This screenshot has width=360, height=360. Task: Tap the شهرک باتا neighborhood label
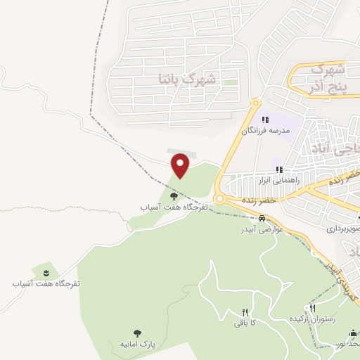[x=190, y=79]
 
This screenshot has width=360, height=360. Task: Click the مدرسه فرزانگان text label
[x=265, y=131]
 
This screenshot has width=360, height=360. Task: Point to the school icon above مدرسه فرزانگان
[x=265, y=120]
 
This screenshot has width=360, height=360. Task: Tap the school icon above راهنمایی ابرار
[x=279, y=169]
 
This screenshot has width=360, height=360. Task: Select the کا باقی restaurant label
[x=245, y=323]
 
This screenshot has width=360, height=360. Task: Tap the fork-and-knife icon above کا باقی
[x=245, y=312]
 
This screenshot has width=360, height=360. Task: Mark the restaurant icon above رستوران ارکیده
[x=311, y=308]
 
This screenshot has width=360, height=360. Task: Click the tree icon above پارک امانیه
[x=136, y=333]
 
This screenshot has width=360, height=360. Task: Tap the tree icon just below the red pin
[x=174, y=196]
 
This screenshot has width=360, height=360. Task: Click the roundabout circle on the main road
[x=219, y=199]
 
